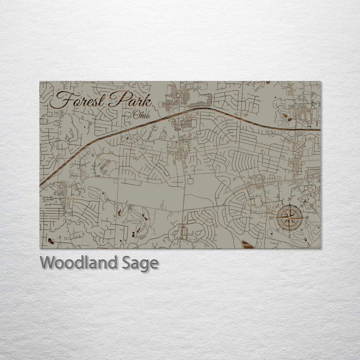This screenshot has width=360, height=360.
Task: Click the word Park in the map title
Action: pyautogui.click(x=130, y=99)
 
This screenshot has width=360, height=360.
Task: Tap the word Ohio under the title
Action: pyautogui.click(x=141, y=115)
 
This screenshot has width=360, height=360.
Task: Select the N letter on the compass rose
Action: pyautogui.click(x=290, y=200)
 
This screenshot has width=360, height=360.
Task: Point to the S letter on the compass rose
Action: pyautogui.click(x=289, y=236)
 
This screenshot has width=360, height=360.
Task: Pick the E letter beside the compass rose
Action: pyautogui.click(x=307, y=218)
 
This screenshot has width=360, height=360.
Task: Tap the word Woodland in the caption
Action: pyautogui.click(x=78, y=263)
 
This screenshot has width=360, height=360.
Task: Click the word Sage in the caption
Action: pyautogui.click(x=140, y=263)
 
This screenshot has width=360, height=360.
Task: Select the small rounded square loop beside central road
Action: pyautogui.click(x=191, y=181)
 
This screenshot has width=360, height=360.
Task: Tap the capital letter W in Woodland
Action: pyautogui.click(x=47, y=263)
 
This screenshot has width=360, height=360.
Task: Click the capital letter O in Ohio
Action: pyautogui.click(x=136, y=115)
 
